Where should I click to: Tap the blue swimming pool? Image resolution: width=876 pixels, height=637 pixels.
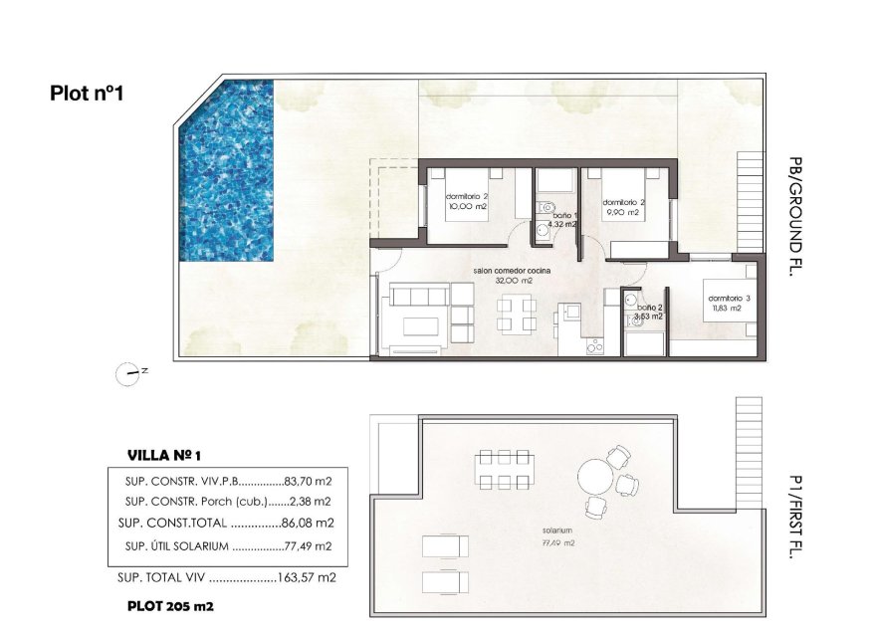pos(227,171)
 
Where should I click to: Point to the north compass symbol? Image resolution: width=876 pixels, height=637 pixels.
pos(129,373)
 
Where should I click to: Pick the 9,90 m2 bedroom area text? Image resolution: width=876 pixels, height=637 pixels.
pos(621,212)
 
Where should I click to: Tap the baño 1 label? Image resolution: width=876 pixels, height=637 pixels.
pos(563,215)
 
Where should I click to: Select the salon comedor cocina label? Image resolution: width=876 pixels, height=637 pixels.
pos(512,271)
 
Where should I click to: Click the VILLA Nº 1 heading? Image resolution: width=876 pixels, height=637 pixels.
pos(165,455)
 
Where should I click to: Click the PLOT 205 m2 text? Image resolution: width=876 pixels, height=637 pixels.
pos(170,604)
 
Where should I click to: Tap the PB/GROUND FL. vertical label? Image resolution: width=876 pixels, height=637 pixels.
pos(793,216)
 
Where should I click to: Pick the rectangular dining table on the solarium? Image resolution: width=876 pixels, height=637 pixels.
pos(503,470)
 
